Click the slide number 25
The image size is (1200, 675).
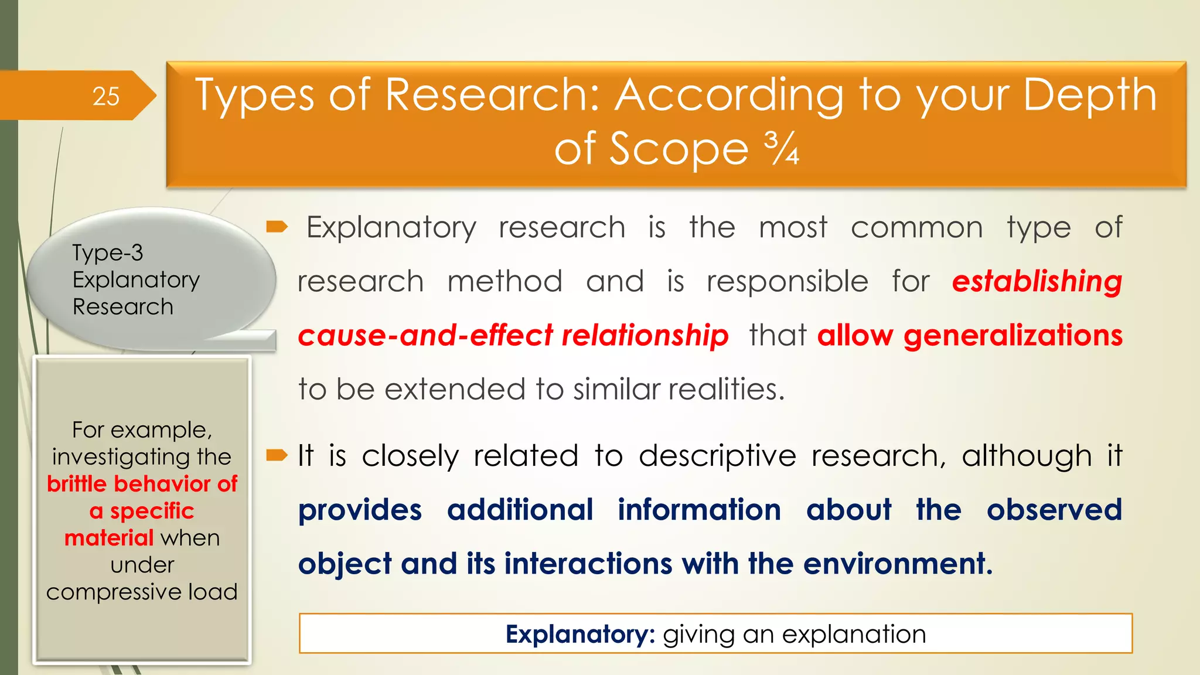pos(106,96)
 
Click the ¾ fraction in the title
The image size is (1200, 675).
pos(781,148)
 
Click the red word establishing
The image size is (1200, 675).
pos(1037,281)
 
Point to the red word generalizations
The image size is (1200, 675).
pos(1012,336)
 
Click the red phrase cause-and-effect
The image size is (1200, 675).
pos(425,336)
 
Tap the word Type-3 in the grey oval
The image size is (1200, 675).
pos(107,253)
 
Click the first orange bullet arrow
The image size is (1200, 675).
pos(277,227)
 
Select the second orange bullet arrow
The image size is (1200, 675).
pos(277,455)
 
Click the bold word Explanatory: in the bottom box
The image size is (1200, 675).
pos(580,634)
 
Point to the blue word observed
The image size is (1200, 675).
pos(1054,510)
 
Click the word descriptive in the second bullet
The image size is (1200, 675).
pos(717,456)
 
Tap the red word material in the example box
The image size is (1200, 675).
pos(109,538)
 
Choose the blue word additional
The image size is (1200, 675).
pos(520,510)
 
